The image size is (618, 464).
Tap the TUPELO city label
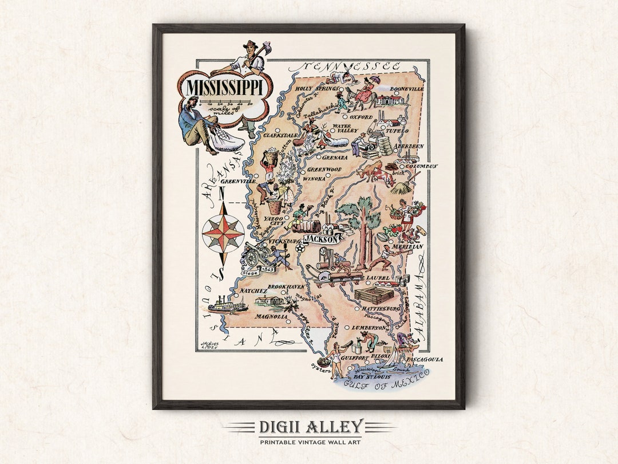[x=396, y=131]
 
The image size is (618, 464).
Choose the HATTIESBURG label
[x=381, y=309]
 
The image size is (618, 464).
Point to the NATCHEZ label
[x=252, y=291]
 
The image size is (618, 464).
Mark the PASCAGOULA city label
[x=424, y=360]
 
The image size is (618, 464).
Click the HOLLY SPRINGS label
[x=315, y=89]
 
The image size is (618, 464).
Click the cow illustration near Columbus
[x=378, y=172]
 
